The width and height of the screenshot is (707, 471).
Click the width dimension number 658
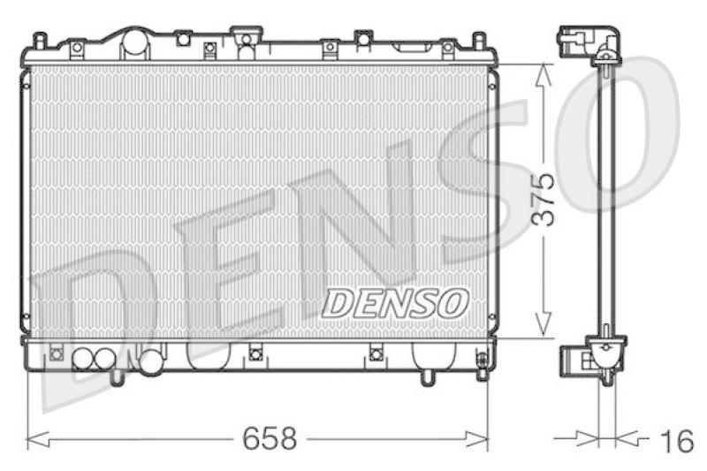270,437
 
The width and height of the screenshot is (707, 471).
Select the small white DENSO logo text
394,303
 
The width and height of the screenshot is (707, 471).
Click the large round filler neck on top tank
133,42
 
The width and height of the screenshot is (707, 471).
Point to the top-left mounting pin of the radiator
39,40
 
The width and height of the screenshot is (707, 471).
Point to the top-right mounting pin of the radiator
478,41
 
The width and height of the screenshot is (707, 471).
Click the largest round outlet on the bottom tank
151,361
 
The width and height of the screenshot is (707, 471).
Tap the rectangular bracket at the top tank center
246,35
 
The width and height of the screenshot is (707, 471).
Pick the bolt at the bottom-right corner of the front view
482,361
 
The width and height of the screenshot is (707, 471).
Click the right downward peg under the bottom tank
428,377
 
